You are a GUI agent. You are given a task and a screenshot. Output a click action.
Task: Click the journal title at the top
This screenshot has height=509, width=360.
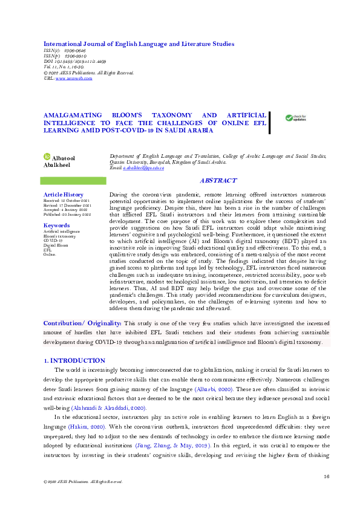pos(139,44)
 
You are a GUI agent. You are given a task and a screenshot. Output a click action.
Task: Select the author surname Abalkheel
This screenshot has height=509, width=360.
pos(57,164)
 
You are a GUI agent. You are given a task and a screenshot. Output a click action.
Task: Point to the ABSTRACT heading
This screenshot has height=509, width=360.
pos(218,181)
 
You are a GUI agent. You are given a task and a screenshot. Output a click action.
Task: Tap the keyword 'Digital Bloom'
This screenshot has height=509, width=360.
pos(56,245)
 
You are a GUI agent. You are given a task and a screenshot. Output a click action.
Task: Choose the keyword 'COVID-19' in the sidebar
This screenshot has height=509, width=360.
pos(52,240)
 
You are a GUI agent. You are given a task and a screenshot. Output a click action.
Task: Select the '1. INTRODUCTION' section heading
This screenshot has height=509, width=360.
pos(76,361)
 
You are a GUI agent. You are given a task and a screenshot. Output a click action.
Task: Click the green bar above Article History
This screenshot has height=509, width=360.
pos(73,181)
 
